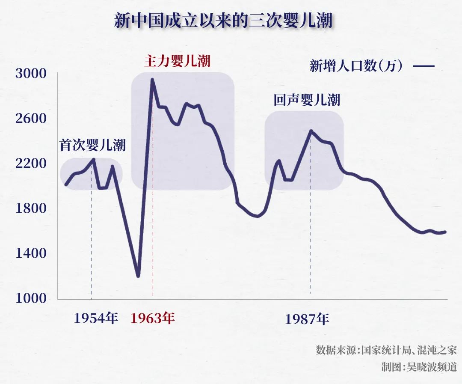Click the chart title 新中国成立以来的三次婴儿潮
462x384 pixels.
(223, 21)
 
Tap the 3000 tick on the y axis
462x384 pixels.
(30, 74)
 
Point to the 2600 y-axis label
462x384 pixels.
(30, 119)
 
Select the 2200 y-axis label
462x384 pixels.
(30, 164)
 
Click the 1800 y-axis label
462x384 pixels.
(30, 208)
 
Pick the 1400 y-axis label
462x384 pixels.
(30, 253)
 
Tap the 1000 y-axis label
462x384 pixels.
(30, 298)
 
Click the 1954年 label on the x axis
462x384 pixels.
(96, 318)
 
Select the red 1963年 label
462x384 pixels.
(153, 318)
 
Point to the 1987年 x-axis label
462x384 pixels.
(307, 319)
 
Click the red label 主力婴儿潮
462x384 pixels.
(177, 61)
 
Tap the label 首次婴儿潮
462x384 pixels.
(92, 146)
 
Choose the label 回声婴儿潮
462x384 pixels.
(307, 100)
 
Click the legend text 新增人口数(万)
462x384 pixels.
(356, 66)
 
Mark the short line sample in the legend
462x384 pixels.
(424, 66)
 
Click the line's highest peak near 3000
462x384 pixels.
(152, 80)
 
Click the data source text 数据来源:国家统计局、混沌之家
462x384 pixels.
(386, 350)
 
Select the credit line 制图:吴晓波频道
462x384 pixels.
(419, 367)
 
